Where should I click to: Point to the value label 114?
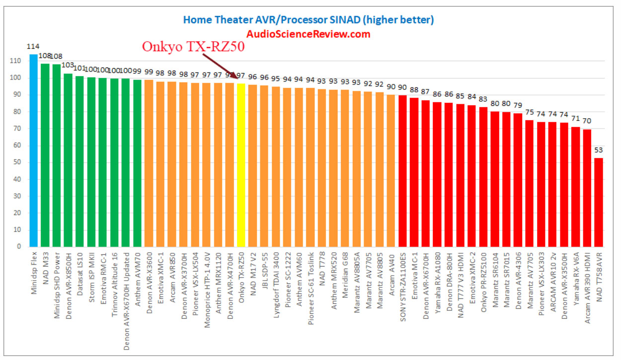(32, 47)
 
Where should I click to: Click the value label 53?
(599, 150)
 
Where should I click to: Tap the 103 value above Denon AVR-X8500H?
(68, 65)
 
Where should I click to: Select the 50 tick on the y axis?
(17, 162)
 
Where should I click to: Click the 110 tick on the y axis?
(16, 61)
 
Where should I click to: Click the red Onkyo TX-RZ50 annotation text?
(194, 46)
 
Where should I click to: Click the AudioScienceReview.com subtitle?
(309, 34)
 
